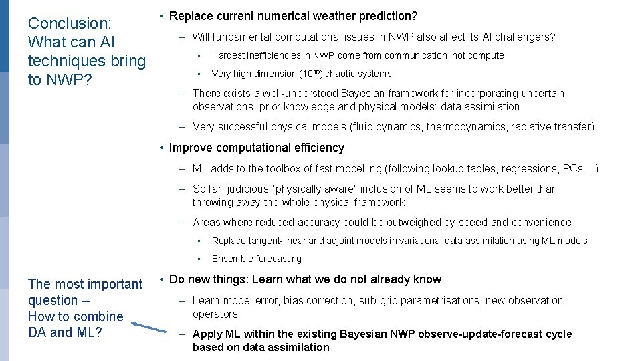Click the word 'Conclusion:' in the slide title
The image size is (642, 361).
click(x=69, y=23)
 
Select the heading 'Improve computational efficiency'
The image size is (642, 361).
click(x=257, y=148)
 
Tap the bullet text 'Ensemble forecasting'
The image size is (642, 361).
click(x=256, y=259)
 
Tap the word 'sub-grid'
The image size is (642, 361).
click(x=379, y=300)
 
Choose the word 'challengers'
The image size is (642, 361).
click(x=523, y=37)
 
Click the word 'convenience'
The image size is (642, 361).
click(x=541, y=222)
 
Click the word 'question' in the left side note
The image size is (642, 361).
click(x=53, y=300)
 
